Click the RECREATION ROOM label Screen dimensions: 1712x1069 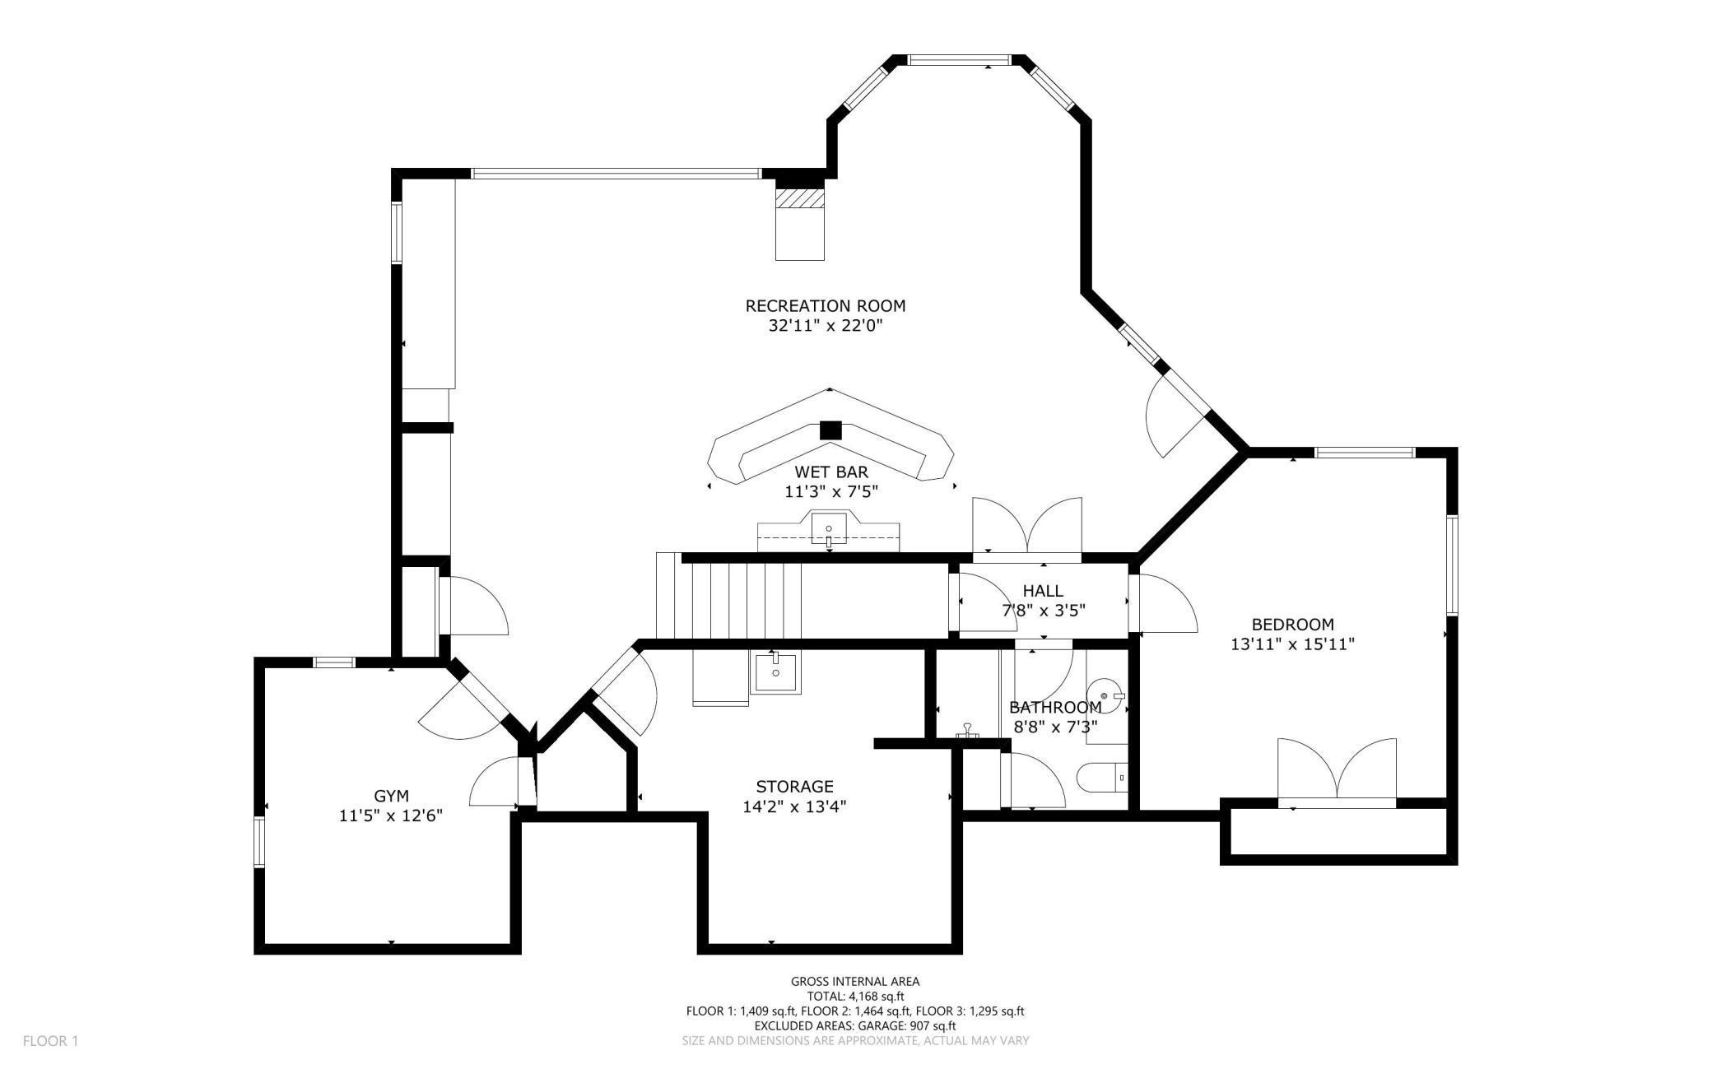(x=825, y=306)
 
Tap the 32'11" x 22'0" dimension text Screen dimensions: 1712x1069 (x=825, y=326)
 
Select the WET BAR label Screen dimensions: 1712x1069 (x=830, y=472)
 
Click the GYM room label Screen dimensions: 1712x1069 (x=391, y=796)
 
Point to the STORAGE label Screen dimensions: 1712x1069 (x=794, y=787)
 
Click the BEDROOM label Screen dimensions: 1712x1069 (x=1292, y=625)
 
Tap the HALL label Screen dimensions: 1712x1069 (x=1043, y=591)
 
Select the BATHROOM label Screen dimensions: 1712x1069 (x=1055, y=708)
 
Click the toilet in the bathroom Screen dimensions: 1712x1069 (x=1103, y=777)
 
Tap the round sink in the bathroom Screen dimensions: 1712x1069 (x=1105, y=696)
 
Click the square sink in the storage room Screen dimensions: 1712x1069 (x=775, y=672)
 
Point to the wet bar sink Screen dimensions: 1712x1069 (x=829, y=528)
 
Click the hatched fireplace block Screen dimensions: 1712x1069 (x=800, y=199)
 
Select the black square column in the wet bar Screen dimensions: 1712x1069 (x=831, y=430)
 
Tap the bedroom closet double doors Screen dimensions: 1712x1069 (x=1337, y=770)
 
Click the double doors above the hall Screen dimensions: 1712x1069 (x=1027, y=528)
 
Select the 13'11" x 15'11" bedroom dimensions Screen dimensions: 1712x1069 (x=1292, y=644)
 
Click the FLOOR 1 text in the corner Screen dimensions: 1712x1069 (x=50, y=1041)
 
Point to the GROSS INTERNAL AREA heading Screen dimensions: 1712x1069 (x=855, y=981)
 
